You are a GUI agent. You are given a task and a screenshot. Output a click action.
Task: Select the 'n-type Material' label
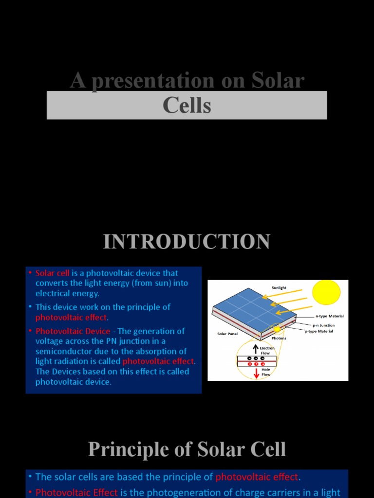(329, 316)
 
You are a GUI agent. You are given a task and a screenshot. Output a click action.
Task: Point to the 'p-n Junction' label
(323, 325)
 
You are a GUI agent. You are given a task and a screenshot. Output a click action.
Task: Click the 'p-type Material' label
(319, 331)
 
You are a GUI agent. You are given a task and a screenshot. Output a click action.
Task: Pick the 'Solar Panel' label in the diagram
(227, 334)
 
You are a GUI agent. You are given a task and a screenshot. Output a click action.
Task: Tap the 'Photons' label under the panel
(279, 338)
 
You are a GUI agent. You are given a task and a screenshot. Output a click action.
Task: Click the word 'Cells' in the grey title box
(187, 105)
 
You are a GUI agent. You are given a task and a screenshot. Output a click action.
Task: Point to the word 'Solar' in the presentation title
(278, 81)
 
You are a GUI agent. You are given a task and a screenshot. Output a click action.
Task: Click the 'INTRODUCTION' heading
(187, 242)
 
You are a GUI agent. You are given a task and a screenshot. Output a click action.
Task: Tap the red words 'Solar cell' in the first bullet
(53, 273)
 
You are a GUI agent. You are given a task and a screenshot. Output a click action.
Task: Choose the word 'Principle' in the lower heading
(122, 449)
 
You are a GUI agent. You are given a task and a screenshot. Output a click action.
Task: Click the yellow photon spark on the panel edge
(277, 329)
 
